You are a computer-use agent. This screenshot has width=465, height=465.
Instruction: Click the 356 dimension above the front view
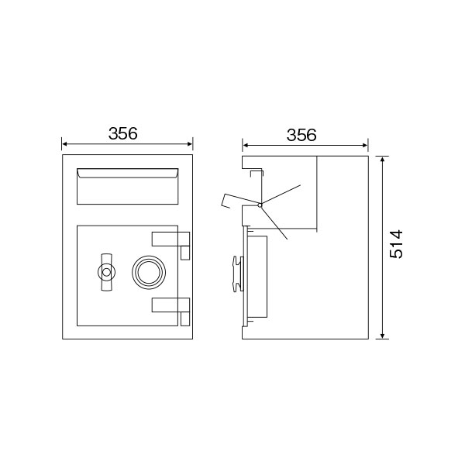coord(122,133)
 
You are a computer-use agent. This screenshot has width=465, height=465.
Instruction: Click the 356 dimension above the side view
coord(301,135)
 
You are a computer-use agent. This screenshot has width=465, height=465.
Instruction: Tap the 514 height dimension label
coord(396,244)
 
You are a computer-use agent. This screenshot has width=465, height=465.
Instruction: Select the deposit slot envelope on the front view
coord(128,186)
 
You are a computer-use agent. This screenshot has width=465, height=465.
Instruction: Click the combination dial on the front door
coord(149,272)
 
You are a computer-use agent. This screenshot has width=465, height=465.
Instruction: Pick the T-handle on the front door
coord(107,272)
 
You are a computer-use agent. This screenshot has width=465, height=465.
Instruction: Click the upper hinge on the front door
coord(170,239)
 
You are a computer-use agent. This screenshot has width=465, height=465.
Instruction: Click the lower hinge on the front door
coord(170,305)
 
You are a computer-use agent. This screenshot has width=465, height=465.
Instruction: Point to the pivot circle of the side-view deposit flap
coord(260,205)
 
